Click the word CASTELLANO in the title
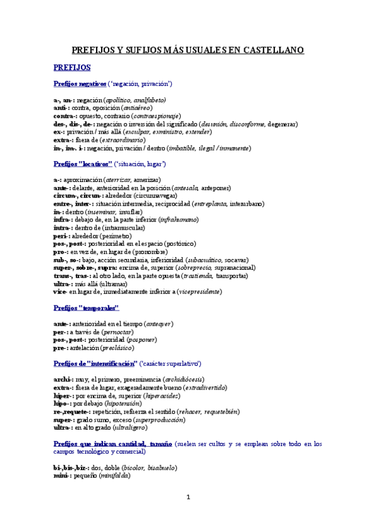pos(273,50)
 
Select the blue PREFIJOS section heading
pos(73,66)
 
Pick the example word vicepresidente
pos(201,292)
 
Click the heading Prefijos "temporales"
pos(87,308)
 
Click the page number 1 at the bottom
pos(188,498)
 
